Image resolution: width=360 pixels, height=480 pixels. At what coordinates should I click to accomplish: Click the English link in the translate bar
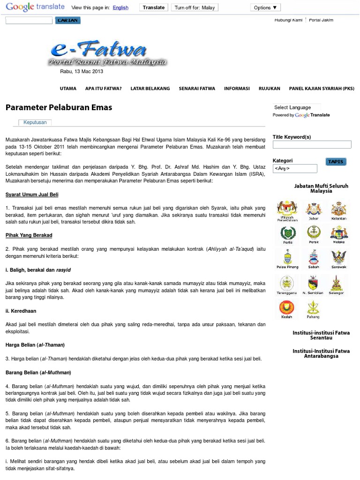tap(120, 7)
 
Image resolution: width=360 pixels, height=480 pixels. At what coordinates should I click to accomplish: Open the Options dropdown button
tap(265, 7)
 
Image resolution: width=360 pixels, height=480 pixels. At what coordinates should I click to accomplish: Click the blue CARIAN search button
tap(68, 21)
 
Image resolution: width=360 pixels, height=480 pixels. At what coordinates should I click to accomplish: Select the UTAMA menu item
tap(68, 88)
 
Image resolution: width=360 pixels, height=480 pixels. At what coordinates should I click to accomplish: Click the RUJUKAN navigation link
tap(270, 88)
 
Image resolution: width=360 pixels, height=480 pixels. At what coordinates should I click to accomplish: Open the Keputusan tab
tap(35, 122)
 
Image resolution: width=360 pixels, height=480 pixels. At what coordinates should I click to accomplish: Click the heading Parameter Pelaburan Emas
tap(59, 107)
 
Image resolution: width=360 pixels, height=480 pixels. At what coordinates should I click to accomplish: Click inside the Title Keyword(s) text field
tap(312, 145)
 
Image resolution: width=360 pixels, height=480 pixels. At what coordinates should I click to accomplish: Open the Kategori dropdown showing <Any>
tap(295, 168)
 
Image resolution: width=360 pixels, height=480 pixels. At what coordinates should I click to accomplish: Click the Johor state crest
tap(314, 210)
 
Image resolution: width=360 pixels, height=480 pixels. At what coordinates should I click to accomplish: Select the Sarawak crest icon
tap(339, 259)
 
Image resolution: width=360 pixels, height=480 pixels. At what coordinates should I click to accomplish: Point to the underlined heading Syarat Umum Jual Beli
tap(32, 195)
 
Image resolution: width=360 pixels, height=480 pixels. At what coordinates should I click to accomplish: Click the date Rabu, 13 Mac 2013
tap(82, 72)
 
